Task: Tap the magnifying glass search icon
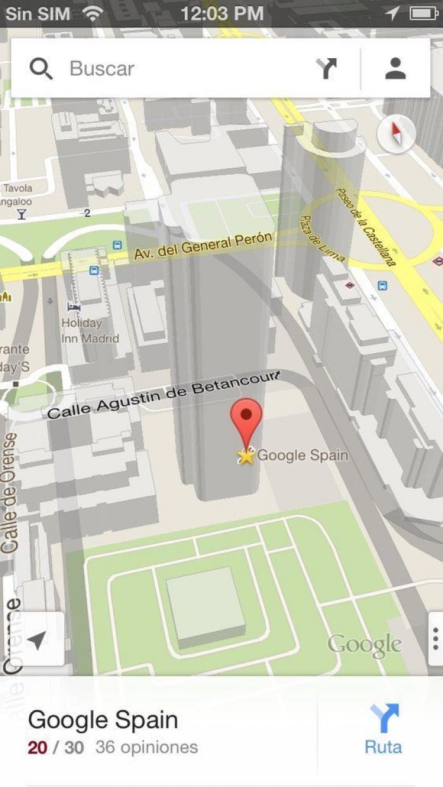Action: point(41,68)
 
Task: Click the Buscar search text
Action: point(102,68)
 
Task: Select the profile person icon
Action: point(396,68)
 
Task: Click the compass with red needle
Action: point(396,134)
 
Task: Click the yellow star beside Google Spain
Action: point(246,455)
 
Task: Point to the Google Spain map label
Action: point(303,455)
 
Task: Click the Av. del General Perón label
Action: point(203,245)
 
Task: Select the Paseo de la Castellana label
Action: point(367,226)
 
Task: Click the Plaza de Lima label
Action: point(321,239)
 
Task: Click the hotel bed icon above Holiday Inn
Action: point(74,307)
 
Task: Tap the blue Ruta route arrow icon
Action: point(384,719)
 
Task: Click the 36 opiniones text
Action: point(147,747)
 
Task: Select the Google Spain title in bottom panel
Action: point(103,720)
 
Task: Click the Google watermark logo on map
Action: point(365,645)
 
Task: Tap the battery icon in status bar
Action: point(423,13)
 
